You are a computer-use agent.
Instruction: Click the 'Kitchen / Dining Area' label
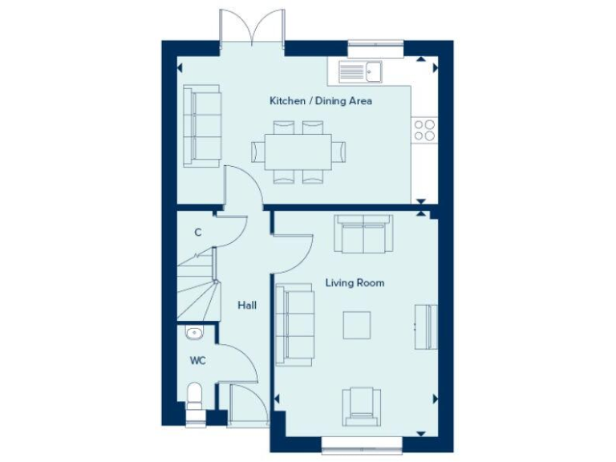click(x=320, y=101)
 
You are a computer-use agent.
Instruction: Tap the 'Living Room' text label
click(x=354, y=283)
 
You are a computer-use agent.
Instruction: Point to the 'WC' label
click(x=197, y=361)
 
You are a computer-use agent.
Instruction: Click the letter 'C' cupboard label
click(x=197, y=233)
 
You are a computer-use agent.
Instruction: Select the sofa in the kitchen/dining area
click(x=202, y=125)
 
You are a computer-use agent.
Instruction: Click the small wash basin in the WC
click(x=193, y=333)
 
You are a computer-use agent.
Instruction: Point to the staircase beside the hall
click(x=197, y=285)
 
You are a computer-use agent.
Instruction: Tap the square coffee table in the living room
click(x=358, y=325)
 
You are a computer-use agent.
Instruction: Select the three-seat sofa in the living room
click(x=294, y=324)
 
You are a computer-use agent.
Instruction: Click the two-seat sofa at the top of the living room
click(x=364, y=233)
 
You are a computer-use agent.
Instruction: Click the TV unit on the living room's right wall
click(x=427, y=326)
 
